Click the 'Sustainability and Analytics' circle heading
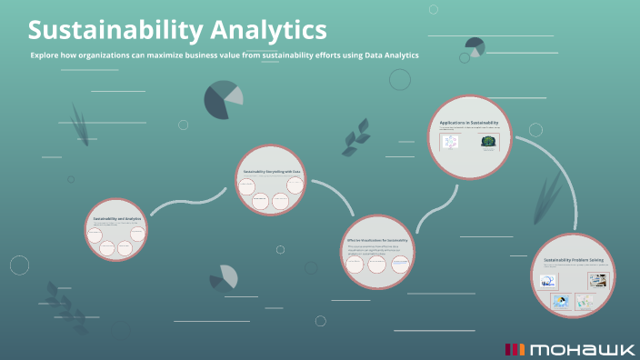click(x=117, y=218)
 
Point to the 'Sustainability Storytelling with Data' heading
click(x=272, y=172)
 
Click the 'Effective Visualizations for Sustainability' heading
click(x=378, y=241)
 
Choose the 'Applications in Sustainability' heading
click(x=471, y=122)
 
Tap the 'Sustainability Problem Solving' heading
click(x=574, y=260)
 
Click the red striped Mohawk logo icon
click(x=515, y=349)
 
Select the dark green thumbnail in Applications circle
click(x=490, y=143)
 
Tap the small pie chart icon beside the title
click(x=475, y=46)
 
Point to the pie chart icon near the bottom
click(x=223, y=277)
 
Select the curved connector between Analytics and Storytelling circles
click(x=188, y=202)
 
